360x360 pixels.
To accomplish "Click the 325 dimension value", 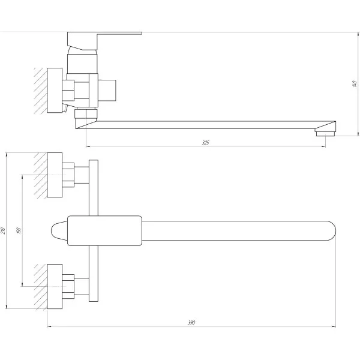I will click(x=206, y=143).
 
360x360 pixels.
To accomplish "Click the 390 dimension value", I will click(x=191, y=323).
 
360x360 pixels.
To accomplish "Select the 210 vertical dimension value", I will click(x=5, y=230).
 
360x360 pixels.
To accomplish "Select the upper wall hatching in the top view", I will click(x=40, y=174).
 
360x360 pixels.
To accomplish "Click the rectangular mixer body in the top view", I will click(x=105, y=230).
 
